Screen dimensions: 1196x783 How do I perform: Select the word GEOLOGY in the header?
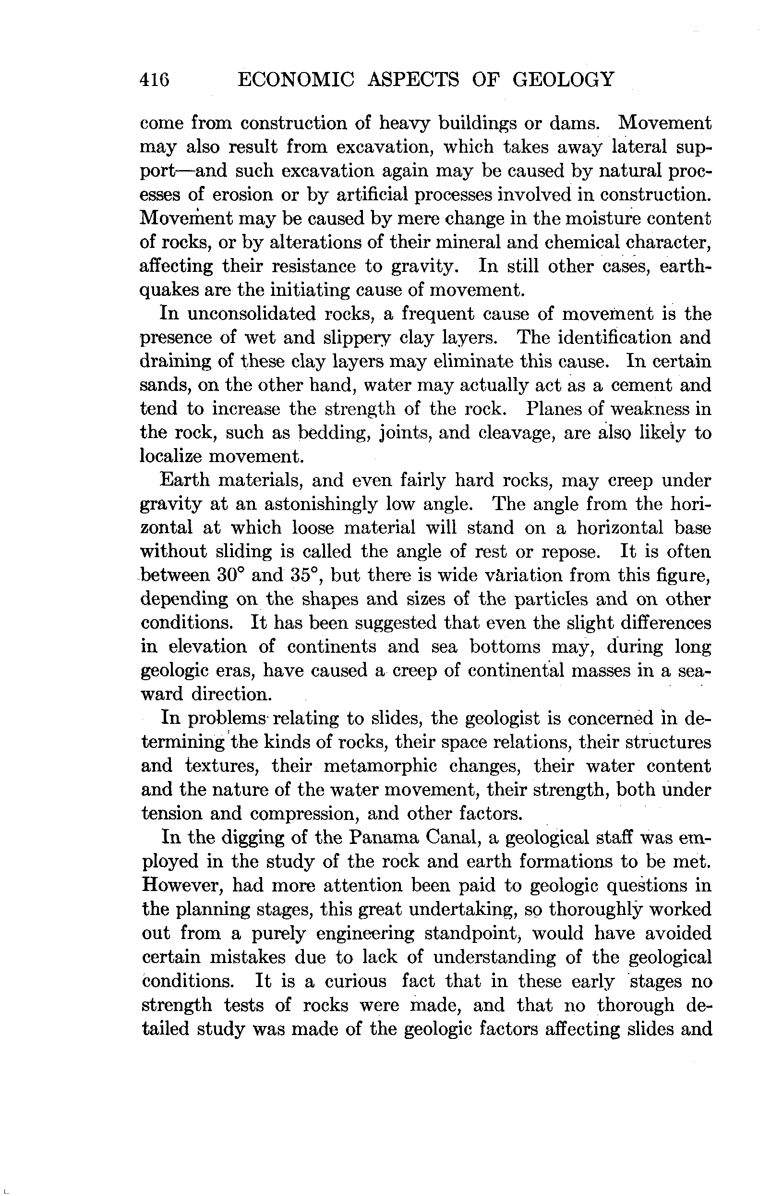[563, 80]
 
